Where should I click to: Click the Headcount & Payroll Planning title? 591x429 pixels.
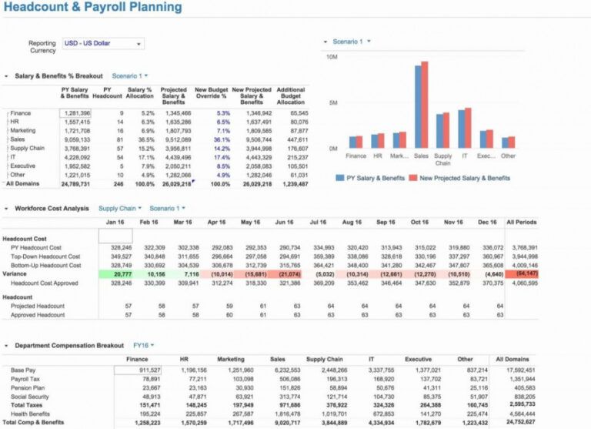click(93, 8)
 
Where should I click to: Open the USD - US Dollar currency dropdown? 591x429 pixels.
click(102, 44)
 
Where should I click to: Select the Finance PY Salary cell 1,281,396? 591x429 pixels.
click(75, 112)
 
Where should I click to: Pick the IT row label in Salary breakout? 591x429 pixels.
click(15, 157)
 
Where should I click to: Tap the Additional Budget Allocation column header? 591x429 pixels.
click(291, 96)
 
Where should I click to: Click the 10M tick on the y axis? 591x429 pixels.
click(332, 57)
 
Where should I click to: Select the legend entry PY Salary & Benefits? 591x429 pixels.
click(372, 178)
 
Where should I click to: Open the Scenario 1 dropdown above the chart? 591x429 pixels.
click(351, 41)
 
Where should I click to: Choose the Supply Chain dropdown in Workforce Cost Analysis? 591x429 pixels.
click(120, 208)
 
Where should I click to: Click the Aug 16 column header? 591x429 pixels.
click(352, 223)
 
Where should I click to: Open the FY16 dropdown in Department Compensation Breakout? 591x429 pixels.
click(142, 345)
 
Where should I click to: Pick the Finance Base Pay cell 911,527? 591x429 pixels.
click(139, 370)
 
